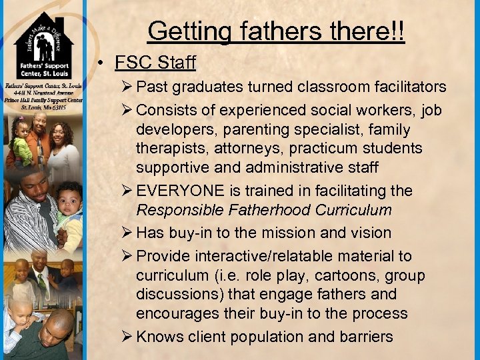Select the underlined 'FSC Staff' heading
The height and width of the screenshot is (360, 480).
point(155,63)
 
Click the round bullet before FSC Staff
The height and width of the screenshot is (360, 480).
point(102,63)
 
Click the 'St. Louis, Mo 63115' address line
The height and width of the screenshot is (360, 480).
point(43,107)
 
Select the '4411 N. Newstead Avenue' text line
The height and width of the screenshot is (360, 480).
point(43,93)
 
